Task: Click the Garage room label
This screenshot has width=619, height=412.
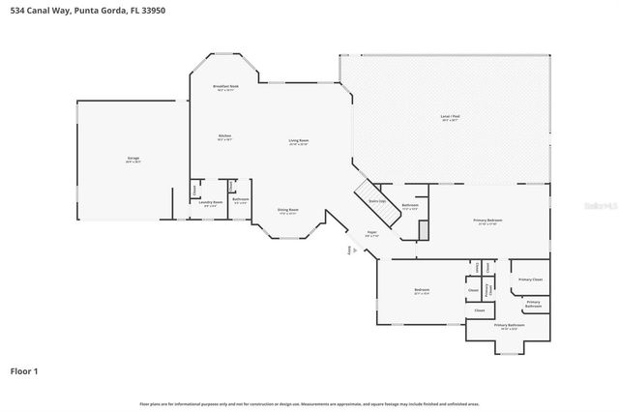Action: click(133, 162)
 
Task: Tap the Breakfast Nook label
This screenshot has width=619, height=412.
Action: click(225, 87)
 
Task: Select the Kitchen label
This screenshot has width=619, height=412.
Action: click(224, 136)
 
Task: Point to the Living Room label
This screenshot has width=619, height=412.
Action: click(297, 141)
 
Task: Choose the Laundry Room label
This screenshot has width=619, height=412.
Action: click(211, 202)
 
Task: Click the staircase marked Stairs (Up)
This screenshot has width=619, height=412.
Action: click(375, 200)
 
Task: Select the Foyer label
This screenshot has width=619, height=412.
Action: click(370, 233)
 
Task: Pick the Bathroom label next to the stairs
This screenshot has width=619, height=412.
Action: click(410, 205)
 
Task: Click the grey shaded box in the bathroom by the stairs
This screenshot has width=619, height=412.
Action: click(422, 230)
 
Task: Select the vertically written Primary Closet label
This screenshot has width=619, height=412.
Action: click(489, 287)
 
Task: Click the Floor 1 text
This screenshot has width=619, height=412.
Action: click(25, 370)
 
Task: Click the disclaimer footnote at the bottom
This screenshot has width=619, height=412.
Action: click(309, 403)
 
